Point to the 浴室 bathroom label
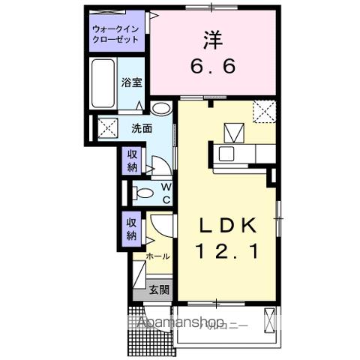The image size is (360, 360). click(132, 82)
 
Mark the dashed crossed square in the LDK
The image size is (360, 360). click(264, 111)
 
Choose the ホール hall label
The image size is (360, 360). click(158, 256)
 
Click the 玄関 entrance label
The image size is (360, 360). click(157, 289)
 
